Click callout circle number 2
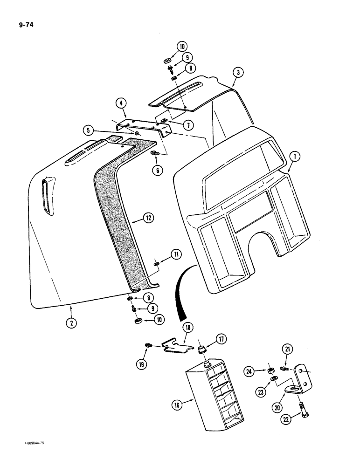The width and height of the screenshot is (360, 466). coord(71,322)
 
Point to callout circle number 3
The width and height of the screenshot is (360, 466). coord(238,72)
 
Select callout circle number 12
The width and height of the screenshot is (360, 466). coord(148,217)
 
